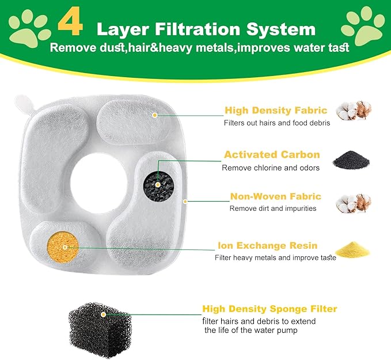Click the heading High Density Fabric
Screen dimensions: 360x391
[x=276, y=110]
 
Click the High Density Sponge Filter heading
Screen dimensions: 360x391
[x=269, y=309]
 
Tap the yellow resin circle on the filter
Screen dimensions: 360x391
[x=64, y=245]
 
